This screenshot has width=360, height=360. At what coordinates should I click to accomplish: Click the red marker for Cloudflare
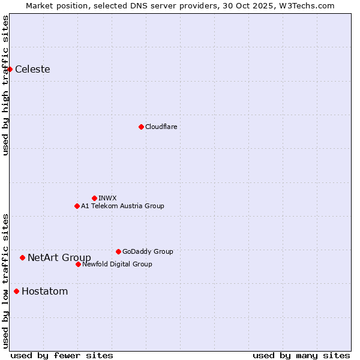click(141, 127)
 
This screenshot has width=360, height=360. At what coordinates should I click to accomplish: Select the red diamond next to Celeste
click(10, 69)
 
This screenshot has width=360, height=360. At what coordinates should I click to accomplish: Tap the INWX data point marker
click(94, 198)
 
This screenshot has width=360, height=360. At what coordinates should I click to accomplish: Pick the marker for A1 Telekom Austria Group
click(77, 206)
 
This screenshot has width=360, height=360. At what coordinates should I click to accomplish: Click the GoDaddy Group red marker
click(118, 251)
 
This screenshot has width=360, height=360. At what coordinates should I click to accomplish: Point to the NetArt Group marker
click(22, 257)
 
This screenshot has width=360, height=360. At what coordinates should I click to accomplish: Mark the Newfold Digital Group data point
click(78, 264)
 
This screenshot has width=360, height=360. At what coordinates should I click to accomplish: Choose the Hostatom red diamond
click(16, 292)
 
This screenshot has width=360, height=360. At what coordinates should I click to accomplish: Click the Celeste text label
click(32, 69)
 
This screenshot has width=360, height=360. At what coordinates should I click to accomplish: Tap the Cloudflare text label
click(161, 127)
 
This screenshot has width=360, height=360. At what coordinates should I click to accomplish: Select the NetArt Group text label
click(59, 258)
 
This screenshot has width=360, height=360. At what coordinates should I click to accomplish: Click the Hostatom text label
click(44, 292)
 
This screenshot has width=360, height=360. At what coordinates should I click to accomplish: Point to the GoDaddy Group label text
click(147, 251)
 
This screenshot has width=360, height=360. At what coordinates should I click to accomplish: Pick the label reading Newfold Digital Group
click(117, 264)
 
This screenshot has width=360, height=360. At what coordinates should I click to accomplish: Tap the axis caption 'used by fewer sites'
click(61, 355)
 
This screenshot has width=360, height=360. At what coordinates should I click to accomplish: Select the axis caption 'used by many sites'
click(301, 355)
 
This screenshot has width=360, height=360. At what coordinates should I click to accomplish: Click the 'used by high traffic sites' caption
click(5, 85)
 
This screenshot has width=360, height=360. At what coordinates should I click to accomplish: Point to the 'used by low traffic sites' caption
click(5, 280)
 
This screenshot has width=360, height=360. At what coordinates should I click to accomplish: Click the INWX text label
click(107, 198)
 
